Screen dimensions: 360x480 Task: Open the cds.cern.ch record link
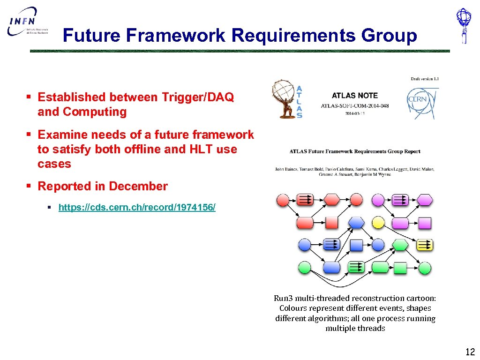pos(137,207)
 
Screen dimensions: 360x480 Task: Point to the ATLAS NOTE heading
pos(354,96)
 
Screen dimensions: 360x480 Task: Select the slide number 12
pos(470,352)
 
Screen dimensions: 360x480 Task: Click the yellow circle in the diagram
pos(378,223)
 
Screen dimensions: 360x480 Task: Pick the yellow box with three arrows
pos(425,245)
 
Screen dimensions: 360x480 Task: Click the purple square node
pos(425,223)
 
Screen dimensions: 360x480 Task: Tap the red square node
pos(332,223)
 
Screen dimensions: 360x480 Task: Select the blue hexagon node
pos(357,223)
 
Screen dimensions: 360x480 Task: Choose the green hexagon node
pos(400,245)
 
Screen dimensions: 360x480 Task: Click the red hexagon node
pos(332,200)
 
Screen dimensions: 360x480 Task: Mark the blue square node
pos(357,245)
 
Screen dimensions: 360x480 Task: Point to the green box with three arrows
pos(356,267)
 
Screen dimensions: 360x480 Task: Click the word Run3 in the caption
pos(284,298)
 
